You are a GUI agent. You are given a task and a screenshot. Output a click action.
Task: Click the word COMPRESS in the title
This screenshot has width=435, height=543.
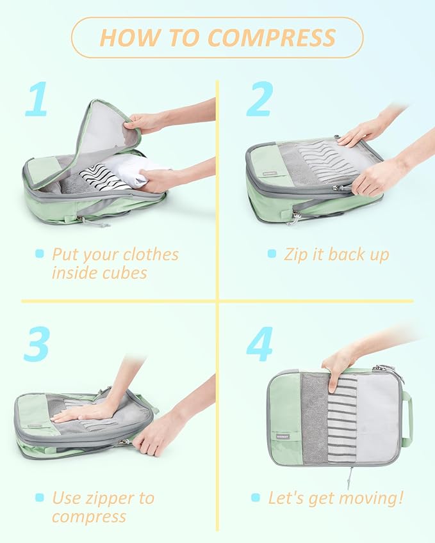pyautogui.click(x=272, y=38)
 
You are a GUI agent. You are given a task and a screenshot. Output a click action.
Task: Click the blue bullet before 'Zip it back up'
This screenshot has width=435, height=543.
pyautogui.click(x=272, y=254)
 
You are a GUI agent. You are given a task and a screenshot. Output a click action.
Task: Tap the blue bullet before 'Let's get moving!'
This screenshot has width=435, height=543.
pyautogui.click(x=256, y=498)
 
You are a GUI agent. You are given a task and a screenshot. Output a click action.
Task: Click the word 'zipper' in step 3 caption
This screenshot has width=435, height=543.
pyautogui.click(x=110, y=498)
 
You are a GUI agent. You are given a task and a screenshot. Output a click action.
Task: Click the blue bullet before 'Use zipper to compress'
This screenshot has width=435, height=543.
pyautogui.click(x=40, y=498)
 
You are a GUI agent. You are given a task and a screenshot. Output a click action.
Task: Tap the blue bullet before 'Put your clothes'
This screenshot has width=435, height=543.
pyautogui.click(x=40, y=254)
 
